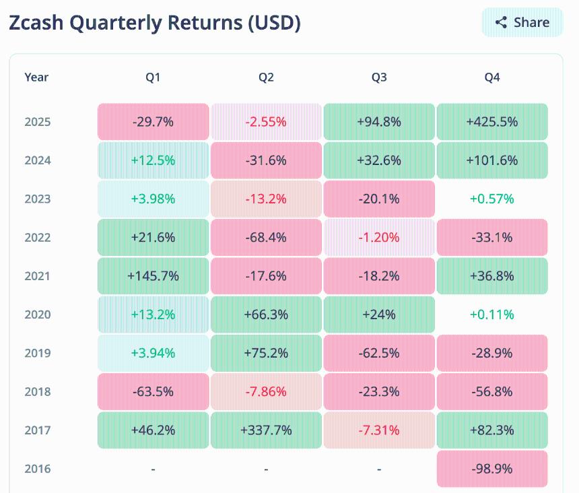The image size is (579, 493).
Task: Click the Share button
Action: point(522,22)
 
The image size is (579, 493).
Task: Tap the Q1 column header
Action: point(153,77)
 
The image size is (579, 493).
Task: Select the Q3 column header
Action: point(379,77)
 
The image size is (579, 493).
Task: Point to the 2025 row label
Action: point(38,122)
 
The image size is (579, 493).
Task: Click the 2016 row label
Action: point(38,469)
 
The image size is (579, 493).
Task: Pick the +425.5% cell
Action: point(492,122)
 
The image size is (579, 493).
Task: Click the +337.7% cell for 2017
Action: point(266,430)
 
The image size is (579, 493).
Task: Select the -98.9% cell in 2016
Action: point(492,469)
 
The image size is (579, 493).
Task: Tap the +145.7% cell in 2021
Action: point(153,276)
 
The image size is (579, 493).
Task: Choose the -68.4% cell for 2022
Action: point(266,237)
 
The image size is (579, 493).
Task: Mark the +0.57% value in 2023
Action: point(492,199)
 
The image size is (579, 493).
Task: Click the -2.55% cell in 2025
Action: point(266,122)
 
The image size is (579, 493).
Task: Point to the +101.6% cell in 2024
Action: point(492,160)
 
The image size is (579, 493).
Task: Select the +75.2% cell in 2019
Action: point(266,353)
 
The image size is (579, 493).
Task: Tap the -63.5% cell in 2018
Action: point(153,391)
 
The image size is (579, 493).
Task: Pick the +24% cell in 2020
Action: point(379,315)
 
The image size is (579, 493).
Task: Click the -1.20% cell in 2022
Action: point(379,237)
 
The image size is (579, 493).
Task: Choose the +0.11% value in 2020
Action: point(492,315)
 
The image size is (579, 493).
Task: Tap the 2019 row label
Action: point(38,353)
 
